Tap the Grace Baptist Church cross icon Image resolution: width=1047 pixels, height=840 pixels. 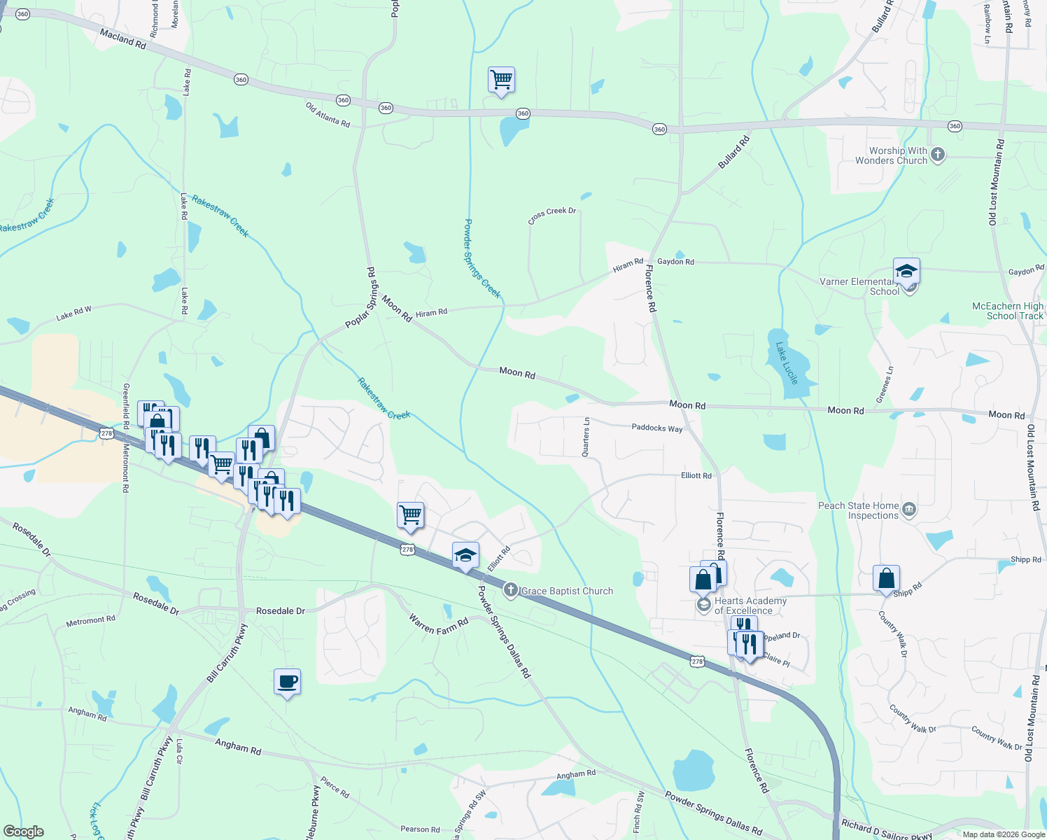(x=511, y=591)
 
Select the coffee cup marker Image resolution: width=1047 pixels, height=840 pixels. (x=287, y=681)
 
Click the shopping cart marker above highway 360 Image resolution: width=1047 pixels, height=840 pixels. (x=501, y=80)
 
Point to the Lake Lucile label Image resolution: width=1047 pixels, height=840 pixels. (x=787, y=363)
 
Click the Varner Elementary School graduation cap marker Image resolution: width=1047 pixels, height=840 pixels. (x=906, y=271)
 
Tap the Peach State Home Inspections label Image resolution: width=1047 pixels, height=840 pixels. (x=859, y=510)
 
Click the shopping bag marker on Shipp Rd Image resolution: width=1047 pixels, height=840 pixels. (x=886, y=579)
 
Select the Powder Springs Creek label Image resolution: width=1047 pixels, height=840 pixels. (x=482, y=258)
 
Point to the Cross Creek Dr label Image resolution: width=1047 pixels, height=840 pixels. (x=552, y=215)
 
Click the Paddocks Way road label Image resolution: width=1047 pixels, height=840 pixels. (x=656, y=428)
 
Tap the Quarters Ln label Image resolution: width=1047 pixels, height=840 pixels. (x=586, y=437)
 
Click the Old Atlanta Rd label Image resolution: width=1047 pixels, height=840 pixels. (x=328, y=115)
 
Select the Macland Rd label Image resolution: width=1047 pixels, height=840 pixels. (x=122, y=38)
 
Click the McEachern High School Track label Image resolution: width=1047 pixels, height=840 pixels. (x=1008, y=311)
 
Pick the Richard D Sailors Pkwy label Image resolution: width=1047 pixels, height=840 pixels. (x=886, y=830)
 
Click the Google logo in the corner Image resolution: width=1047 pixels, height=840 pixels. (x=24, y=832)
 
